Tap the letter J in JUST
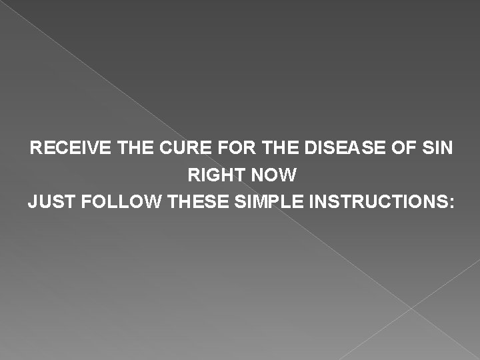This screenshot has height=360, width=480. coord(32,201)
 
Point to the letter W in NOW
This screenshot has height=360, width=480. coord(288,175)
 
